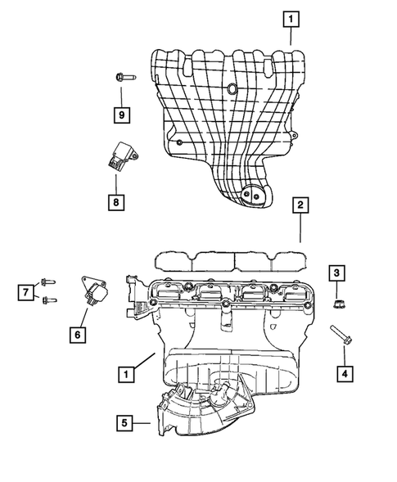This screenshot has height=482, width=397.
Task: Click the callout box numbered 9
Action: [x=120, y=114]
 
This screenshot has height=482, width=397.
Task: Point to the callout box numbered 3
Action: [x=337, y=273]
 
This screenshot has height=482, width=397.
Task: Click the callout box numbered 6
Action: [x=78, y=333]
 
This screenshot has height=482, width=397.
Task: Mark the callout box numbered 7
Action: [x=27, y=291]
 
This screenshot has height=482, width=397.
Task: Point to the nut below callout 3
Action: [x=337, y=305]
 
